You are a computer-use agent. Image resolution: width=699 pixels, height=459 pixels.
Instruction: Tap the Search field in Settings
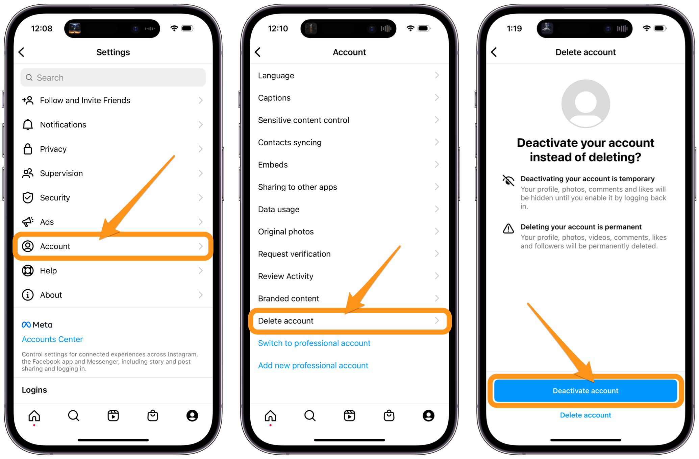[113, 78]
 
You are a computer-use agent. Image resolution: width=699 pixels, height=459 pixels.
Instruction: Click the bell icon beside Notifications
[28, 125]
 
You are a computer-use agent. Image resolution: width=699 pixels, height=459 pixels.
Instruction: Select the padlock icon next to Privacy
[28, 149]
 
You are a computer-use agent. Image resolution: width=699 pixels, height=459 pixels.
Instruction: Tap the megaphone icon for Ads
[28, 222]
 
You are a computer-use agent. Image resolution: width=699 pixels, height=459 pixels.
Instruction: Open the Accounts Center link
[52, 339]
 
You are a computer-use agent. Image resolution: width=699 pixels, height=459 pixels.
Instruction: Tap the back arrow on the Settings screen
[22, 52]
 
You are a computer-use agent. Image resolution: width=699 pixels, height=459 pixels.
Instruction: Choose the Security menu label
[55, 198]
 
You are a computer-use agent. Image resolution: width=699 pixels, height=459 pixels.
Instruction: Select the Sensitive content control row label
[303, 120]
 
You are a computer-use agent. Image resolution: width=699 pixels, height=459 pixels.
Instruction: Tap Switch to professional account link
[314, 343]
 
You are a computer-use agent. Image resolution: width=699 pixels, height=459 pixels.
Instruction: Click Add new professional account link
[313, 366]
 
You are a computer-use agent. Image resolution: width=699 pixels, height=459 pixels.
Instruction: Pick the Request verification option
[294, 254]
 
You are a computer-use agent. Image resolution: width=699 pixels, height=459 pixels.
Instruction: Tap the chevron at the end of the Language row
[437, 75]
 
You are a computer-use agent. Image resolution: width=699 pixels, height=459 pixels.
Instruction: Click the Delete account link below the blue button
[585, 415]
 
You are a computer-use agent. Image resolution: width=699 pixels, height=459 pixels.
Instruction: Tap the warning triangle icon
[508, 229]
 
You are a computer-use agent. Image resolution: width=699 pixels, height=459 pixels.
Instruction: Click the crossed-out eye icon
[508, 180]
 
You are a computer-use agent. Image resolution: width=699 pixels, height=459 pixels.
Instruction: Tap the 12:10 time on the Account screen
[278, 29]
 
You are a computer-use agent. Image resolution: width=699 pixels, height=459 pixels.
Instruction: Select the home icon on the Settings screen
[34, 416]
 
